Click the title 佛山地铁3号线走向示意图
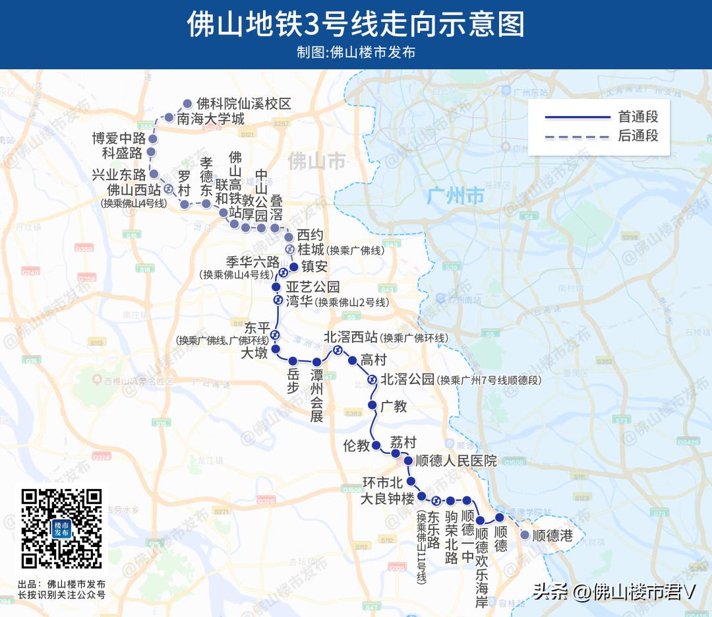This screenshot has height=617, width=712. click(355, 25)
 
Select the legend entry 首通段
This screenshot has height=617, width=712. click(638, 117)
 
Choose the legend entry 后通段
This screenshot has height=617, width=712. click(638, 137)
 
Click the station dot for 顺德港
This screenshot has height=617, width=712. click(525, 535)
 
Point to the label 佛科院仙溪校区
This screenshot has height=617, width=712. click(244, 104)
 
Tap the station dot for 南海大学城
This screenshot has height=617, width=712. click(169, 118)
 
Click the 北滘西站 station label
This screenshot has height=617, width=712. click(351, 337)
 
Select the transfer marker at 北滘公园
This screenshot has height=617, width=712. click(372, 379)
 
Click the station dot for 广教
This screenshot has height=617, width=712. click(372, 405)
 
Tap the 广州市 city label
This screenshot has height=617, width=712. click(456, 196)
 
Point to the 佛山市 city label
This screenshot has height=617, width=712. click(316, 160)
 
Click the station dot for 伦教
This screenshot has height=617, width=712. click(376, 446)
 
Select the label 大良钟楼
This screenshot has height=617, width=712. click(387, 498)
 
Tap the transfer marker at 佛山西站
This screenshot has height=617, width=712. click(168, 189)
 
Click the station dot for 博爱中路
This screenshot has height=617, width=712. click(152, 139)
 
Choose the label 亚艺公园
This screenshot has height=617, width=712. click(312, 287)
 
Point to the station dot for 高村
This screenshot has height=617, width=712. click(352, 360)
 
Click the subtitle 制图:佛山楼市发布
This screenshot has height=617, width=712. click(355, 52)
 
